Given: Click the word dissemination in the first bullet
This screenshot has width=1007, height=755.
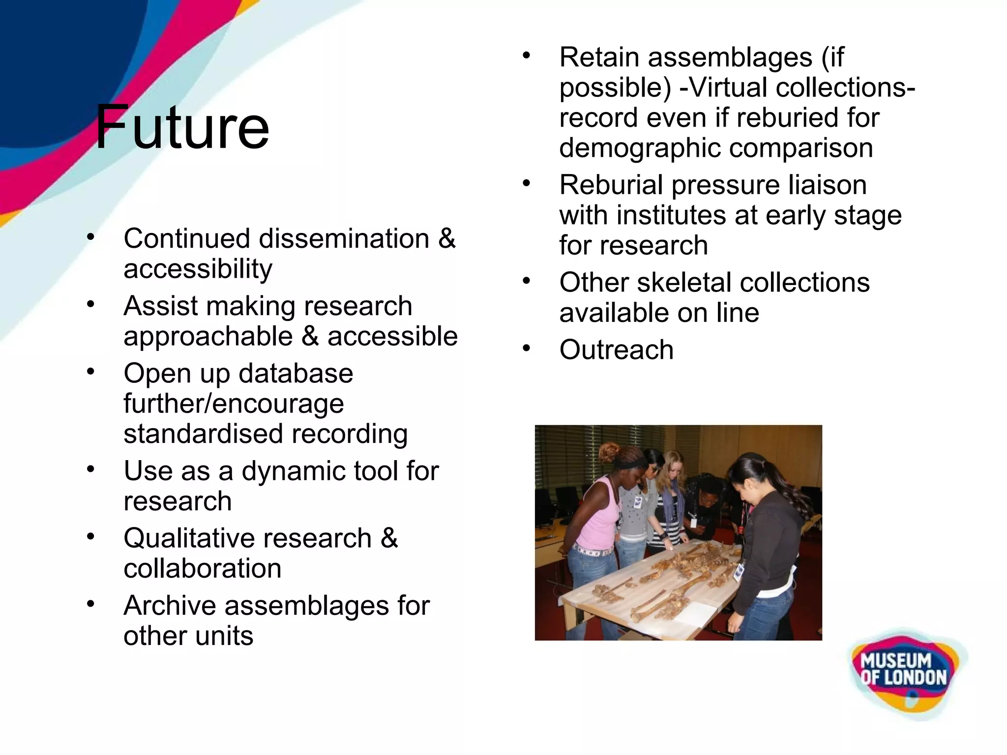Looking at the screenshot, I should tap(344, 239).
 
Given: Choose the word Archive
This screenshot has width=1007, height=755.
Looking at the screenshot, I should tap(170, 606).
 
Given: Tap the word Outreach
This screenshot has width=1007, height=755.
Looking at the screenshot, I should tap(616, 350).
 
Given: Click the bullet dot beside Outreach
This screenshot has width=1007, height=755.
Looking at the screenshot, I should tap(527, 349).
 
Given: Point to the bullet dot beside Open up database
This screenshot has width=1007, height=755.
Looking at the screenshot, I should tap(90, 372).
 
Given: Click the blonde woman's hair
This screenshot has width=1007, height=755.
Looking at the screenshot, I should tap(671, 467).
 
